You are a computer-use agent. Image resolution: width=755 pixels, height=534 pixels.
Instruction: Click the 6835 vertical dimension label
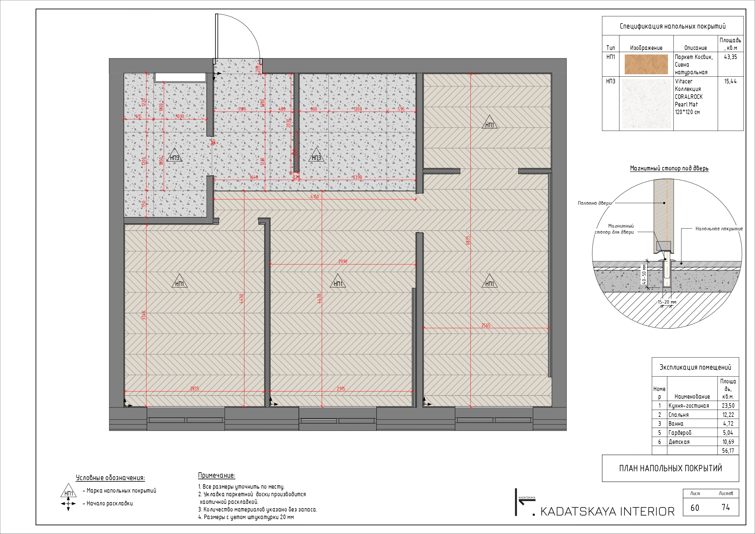pos(468,240)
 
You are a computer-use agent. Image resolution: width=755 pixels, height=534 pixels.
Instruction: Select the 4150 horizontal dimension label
pos(315,197)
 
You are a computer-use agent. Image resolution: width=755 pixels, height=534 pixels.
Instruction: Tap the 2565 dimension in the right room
pos(486,326)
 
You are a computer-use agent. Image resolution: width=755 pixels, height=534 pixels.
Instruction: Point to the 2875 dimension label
pos(194,389)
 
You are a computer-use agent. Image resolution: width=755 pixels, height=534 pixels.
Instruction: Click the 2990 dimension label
pos(343,262)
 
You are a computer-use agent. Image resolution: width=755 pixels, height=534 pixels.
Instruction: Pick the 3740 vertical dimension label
pos(144,315)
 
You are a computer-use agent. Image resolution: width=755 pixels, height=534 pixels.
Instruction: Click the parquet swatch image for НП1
pos(646,64)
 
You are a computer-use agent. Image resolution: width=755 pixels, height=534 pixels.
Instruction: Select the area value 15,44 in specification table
pos(730,82)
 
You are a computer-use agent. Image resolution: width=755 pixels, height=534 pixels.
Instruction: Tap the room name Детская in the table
pos(679,442)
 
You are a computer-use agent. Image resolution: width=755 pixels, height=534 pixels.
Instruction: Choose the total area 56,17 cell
pos(728,451)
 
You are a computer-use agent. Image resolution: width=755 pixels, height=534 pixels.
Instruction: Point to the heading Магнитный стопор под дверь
pos(669,168)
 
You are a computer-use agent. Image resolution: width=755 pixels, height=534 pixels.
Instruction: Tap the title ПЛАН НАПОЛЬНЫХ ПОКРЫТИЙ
pos(670,468)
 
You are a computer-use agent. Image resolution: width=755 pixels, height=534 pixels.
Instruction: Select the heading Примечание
pos(216,476)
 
